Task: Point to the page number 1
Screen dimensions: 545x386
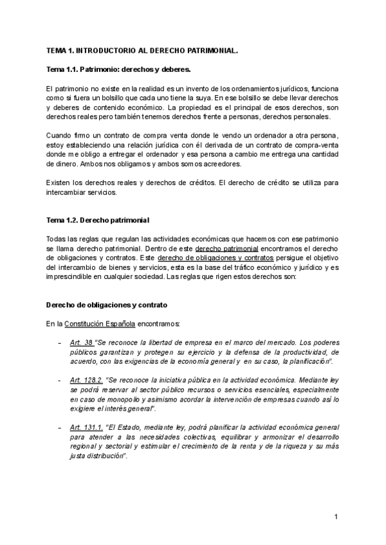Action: click(x=336, y=516)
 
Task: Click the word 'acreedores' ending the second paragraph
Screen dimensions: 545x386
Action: click(x=224, y=164)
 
